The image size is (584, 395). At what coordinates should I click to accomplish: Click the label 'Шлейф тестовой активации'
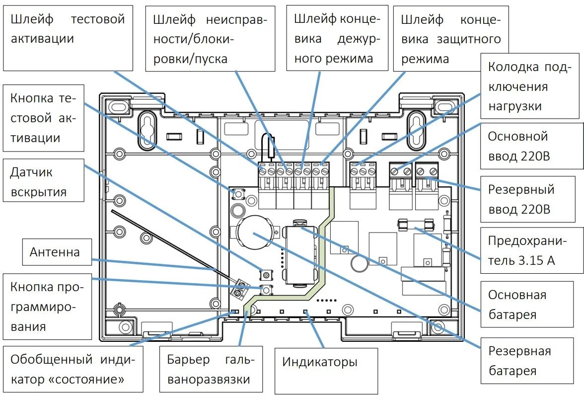68,38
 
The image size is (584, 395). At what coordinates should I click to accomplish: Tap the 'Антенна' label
55,252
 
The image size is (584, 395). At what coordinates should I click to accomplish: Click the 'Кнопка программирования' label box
47,307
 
